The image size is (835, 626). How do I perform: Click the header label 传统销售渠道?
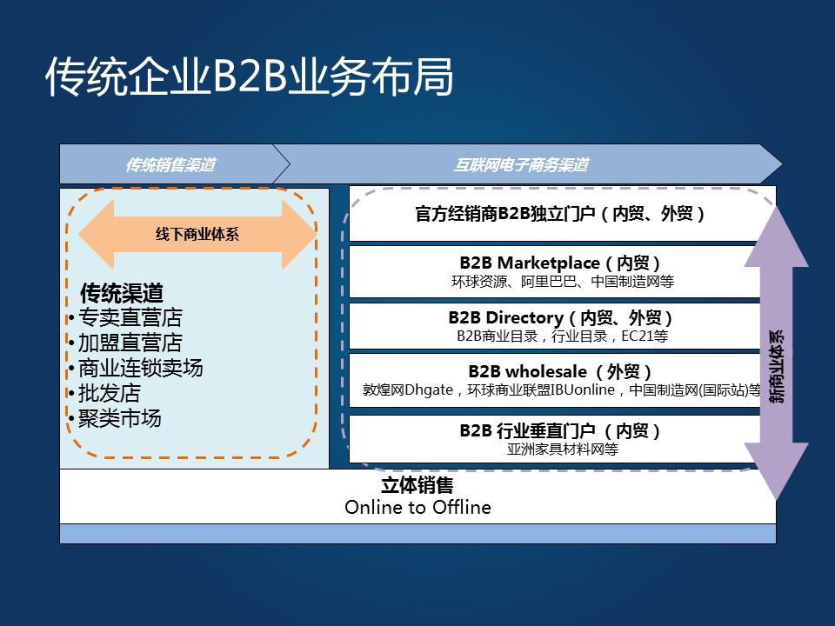(x=170, y=164)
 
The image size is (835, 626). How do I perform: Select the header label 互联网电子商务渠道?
(x=521, y=164)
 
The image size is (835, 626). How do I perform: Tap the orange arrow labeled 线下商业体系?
(x=197, y=234)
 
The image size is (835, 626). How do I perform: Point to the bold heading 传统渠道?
(x=122, y=294)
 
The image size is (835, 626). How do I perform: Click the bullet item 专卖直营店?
(x=130, y=317)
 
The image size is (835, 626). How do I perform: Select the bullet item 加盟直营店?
(x=130, y=343)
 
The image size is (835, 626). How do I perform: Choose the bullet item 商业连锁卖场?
(x=140, y=368)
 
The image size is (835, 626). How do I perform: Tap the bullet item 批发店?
(x=109, y=393)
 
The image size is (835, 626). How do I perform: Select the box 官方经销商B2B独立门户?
(x=560, y=214)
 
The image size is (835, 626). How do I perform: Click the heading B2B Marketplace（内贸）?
(x=561, y=263)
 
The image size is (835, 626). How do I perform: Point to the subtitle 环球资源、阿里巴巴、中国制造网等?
(x=562, y=282)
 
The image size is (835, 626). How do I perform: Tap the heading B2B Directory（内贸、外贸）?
(x=561, y=318)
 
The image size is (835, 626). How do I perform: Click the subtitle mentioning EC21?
(x=562, y=336)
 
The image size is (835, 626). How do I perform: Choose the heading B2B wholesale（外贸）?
(x=561, y=372)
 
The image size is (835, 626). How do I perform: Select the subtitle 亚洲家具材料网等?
(x=562, y=450)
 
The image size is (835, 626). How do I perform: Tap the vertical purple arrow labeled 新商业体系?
(x=776, y=353)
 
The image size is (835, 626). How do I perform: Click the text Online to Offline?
(x=417, y=507)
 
